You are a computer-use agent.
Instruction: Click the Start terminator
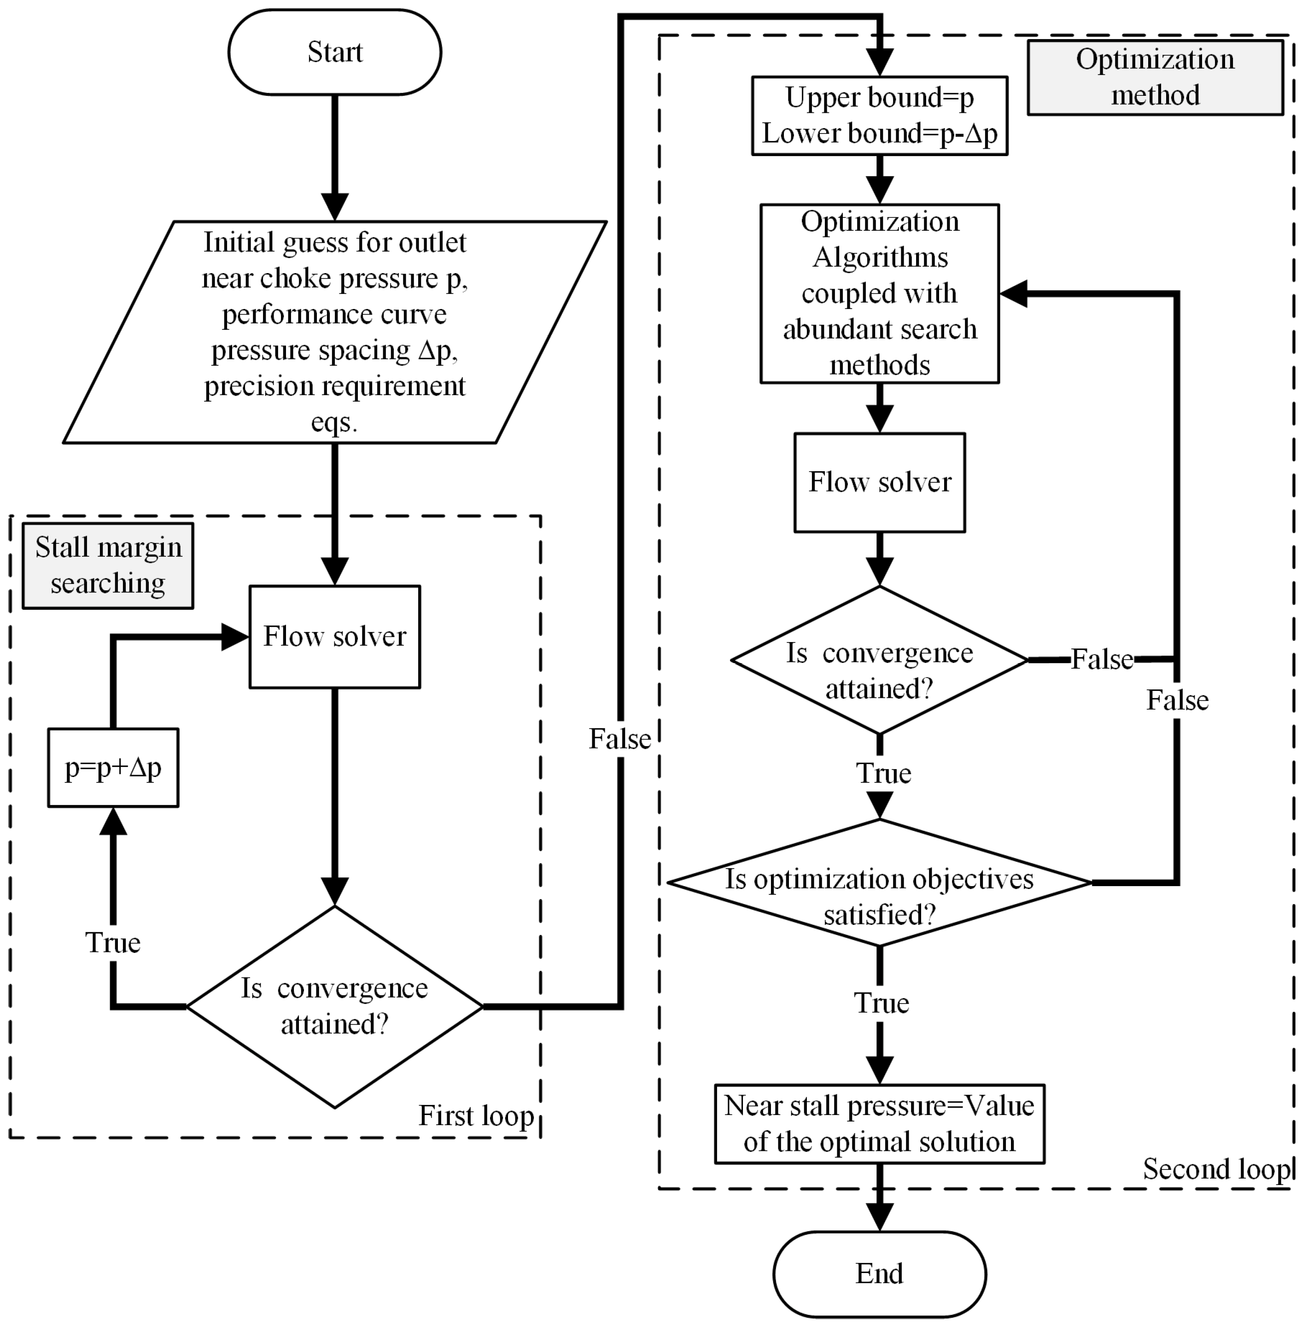click(x=334, y=52)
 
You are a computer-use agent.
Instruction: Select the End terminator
click(x=879, y=1273)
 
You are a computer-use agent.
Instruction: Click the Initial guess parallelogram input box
click(x=334, y=332)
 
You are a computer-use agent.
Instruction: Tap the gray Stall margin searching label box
click(x=108, y=566)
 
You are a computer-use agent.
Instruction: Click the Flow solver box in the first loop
click(x=334, y=636)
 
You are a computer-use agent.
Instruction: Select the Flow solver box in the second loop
click(x=879, y=482)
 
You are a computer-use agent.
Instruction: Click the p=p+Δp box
click(x=113, y=767)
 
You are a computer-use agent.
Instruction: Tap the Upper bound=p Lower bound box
click(x=879, y=115)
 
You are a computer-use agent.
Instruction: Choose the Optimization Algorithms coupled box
click(x=879, y=293)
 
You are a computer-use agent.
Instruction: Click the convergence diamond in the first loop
click(x=334, y=1006)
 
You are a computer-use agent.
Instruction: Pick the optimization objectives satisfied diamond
click(x=879, y=882)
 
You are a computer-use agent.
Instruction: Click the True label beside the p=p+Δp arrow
click(x=113, y=942)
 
